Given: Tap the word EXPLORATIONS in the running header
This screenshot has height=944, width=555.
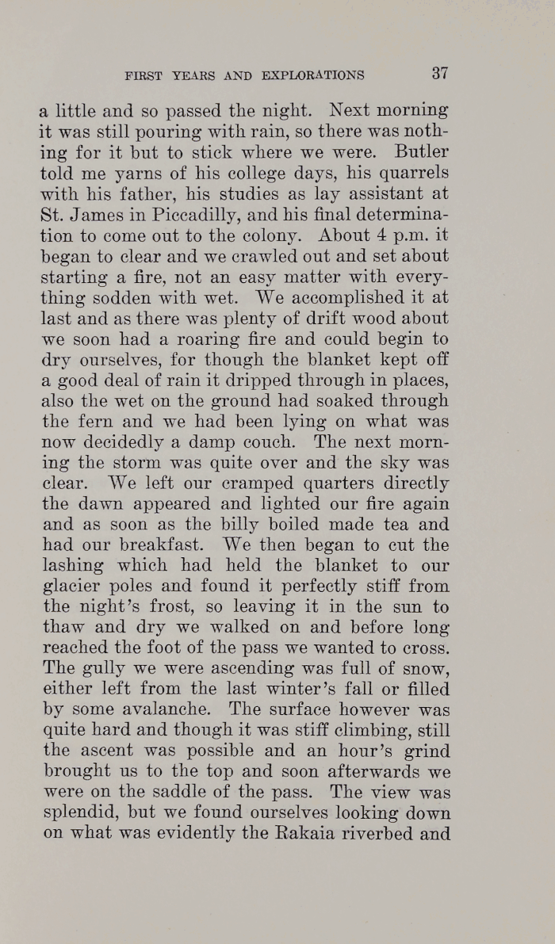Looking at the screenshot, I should pos(316,76).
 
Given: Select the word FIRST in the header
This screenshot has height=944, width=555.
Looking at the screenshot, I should pos(144,76).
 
